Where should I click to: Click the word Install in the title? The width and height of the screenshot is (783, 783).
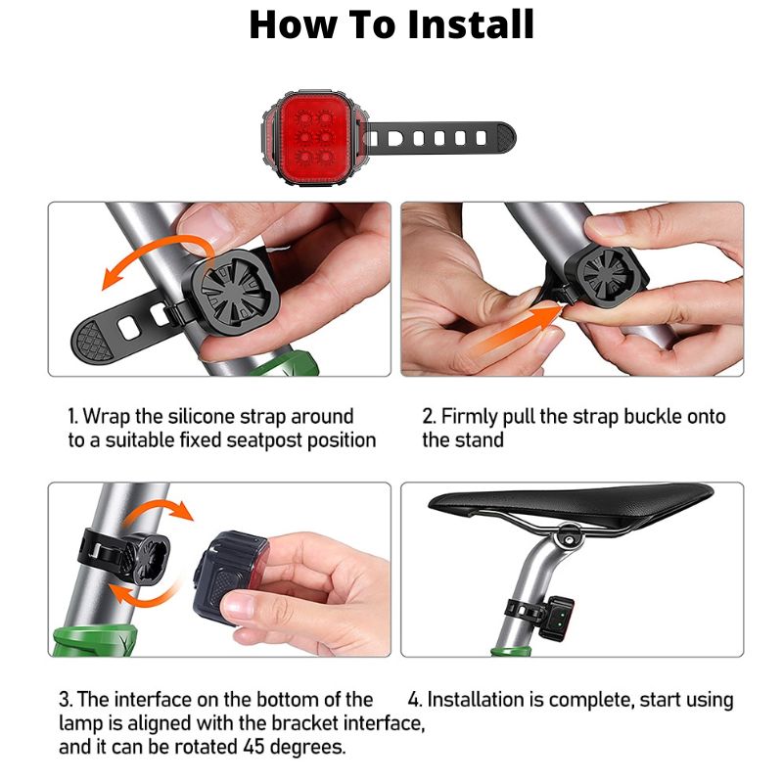458,24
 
